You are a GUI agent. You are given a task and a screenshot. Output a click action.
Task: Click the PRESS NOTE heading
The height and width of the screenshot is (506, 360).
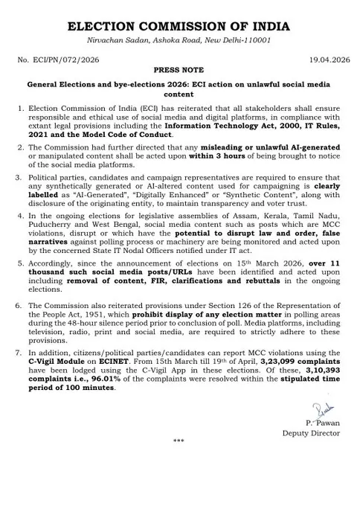click(179, 74)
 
